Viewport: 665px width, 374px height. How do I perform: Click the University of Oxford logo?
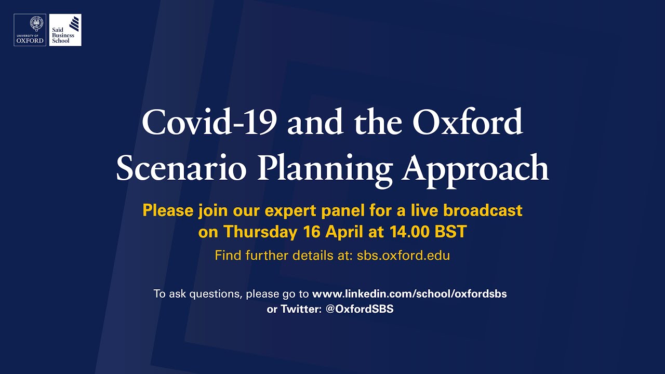point(30,30)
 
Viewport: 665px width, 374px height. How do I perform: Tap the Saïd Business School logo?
point(65,30)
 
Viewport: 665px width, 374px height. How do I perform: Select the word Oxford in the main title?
point(468,123)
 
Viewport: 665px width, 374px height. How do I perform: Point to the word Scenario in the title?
point(180,169)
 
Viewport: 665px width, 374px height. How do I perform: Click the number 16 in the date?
point(311,232)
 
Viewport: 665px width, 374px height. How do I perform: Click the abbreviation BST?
point(451,232)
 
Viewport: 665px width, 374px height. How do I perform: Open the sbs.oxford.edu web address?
point(403,256)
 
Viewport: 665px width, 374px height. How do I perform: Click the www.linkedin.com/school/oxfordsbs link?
point(409,293)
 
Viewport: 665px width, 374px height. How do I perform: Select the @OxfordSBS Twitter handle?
point(360,309)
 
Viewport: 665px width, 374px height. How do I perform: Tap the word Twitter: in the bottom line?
point(302,309)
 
